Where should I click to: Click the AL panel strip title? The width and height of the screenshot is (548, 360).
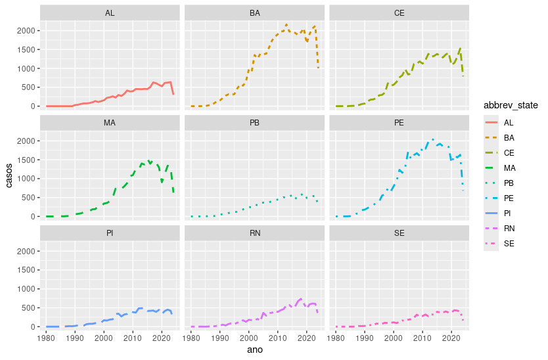click(110, 13)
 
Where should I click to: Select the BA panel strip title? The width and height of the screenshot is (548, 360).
click(254, 13)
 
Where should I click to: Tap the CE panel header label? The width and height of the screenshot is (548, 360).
click(399, 13)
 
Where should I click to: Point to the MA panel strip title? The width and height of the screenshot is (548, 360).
click(110, 123)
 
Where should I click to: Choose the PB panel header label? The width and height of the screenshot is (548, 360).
click(254, 123)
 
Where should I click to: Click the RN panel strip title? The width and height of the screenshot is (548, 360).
click(254, 233)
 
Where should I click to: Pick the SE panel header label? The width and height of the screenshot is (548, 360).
click(399, 233)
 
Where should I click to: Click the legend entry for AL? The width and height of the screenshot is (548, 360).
click(509, 122)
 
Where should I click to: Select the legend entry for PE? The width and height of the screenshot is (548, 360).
click(509, 198)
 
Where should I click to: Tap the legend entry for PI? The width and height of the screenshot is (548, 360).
click(509, 213)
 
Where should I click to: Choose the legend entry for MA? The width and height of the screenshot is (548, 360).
click(509, 168)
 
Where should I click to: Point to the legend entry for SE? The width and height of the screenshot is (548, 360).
click(509, 243)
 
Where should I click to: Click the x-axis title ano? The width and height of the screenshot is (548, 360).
click(254, 351)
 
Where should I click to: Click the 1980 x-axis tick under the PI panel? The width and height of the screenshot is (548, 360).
click(46, 338)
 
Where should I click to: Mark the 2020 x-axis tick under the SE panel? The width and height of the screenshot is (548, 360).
click(451, 338)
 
